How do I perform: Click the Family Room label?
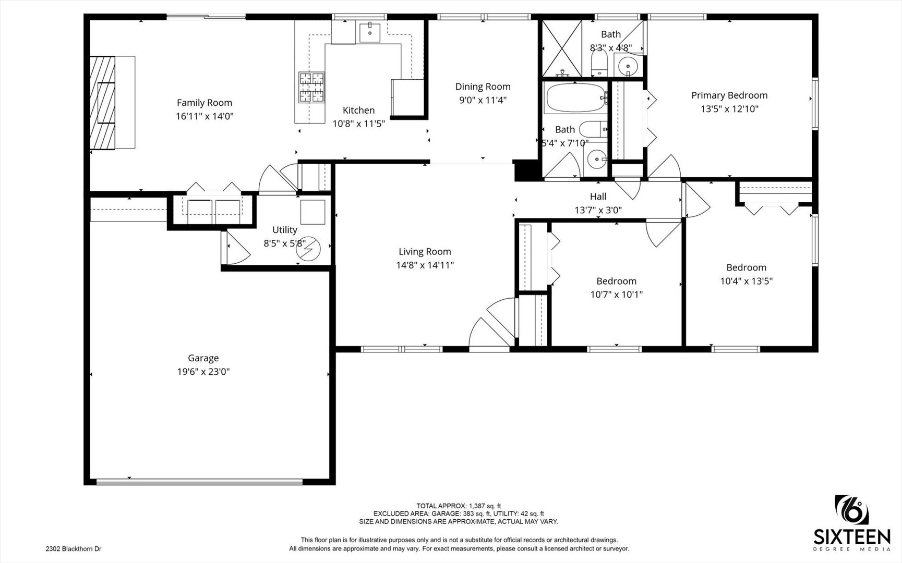pyautogui.click(x=204, y=103)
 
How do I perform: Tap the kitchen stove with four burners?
pyautogui.click(x=311, y=87)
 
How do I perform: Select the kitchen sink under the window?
pyautogui.click(x=370, y=32)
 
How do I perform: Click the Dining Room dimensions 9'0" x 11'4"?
pyautogui.click(x=483, y=100)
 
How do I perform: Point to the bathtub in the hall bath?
pyautogui.click(x=574, y=98)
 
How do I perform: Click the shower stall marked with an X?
pyautogui.click(x=562, y=48)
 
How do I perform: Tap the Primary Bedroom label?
pyautogui.click(x=729, y=95)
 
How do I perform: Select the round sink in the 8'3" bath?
pyautogui.click(x=628, y=66)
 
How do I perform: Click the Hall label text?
pyautogui.click(x=598, y=197)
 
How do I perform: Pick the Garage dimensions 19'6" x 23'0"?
pyautogui.click(x=203, y=372)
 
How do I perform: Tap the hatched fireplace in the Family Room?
pyautogui.click(x=102, y=103)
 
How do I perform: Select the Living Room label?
pyautogui.click(x=425, y=252)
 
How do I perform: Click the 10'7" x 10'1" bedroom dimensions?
pyautogui.click(x=616, y=295)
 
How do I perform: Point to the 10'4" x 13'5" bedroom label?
pyautogui.click(x=746, y=268)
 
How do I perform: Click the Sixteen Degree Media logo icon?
pyautogui.click(x=852, y=510)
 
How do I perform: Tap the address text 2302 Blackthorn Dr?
pyautogui.click(x=74, y=549)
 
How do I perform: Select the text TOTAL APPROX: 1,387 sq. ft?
pyautogui.click(x=458, y=506)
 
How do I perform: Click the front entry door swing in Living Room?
pyautogui.click(x=490, y=326)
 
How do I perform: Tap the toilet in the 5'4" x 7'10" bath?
pyautogui.click(x=593, y=128)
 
